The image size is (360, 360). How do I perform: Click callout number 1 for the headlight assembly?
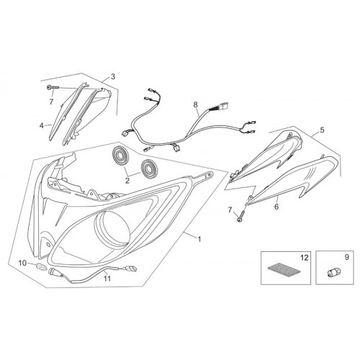click(199, 239)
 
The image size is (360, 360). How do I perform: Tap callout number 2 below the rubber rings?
click(127, 181)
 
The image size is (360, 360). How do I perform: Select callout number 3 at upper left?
click(113, 77)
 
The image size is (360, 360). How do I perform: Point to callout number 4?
click(42, 125)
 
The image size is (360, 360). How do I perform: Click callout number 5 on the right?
click(322, 130)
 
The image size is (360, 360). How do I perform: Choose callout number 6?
click(276, 207)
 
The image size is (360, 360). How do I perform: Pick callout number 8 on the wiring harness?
click(196, 104)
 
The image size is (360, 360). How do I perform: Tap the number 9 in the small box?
click(346, 257)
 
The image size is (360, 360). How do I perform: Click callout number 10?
click(22, 263)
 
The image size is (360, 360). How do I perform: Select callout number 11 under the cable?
click(107, 279)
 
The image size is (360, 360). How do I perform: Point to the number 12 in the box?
click(304, 258)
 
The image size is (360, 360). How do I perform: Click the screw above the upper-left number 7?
click(53, 88)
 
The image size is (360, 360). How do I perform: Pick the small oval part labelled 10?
click(40, 266)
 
